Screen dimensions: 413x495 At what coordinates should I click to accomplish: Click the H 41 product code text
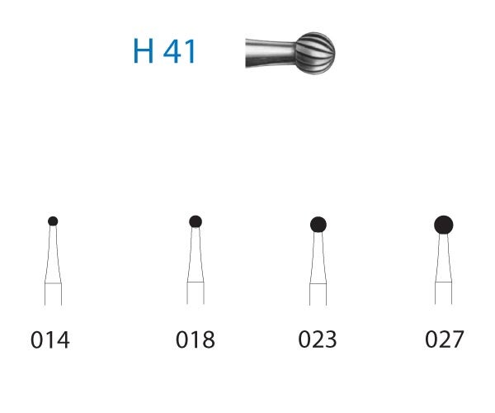click(x=164, y=51)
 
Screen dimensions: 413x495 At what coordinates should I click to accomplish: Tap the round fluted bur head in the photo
click(x=314, y=51)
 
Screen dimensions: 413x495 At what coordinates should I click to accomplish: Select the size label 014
click(x=51, y=339)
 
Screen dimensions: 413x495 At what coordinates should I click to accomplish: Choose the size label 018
click(x=196, y=339)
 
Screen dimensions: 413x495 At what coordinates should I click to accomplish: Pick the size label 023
click(x=318, y=339)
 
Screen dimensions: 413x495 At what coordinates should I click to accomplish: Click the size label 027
click(x=444, y=339)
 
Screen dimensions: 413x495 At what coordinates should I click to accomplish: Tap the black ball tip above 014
click(x=53, y=221)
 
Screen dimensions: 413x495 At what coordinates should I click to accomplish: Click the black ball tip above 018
click(x=196, y=221)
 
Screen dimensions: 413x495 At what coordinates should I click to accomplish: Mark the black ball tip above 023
click(x=318, y=223)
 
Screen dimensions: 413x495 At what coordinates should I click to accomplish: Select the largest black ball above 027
click(x=444, y=224)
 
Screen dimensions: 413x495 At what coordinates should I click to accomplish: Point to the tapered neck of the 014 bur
click(x=53, y=256)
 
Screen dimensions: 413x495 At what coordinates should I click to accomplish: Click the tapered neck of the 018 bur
click(x=196, y=256)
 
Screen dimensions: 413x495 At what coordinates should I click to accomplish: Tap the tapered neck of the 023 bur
click(x=318, y=258)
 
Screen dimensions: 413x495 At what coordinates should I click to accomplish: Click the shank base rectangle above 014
click(x=53, y=294)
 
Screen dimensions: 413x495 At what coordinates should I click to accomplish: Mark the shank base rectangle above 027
click(x=444, y=294)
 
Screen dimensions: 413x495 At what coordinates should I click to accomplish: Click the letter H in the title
click(x=144, y=51)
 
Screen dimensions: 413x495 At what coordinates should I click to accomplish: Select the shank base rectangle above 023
click(x=318, y=294)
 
